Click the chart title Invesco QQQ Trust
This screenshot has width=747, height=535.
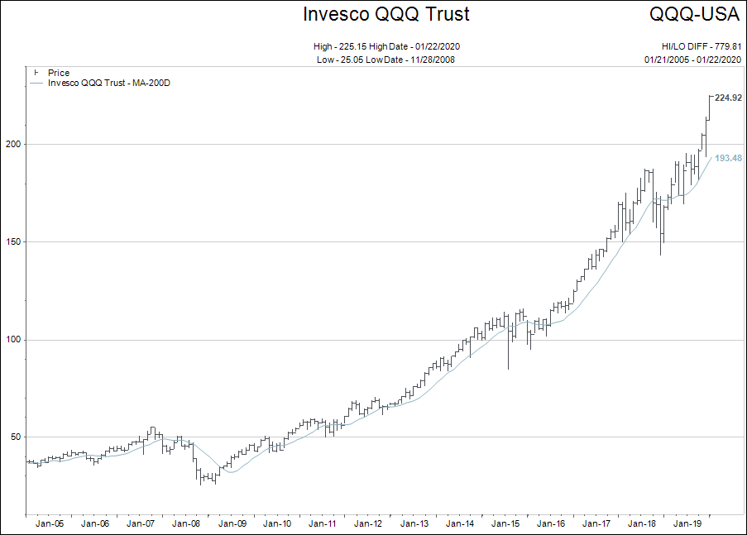point(386,14)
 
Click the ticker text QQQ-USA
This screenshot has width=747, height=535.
point(694,14)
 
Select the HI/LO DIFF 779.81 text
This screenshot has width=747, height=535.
point(695,46)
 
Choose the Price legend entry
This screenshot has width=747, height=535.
point(58,73)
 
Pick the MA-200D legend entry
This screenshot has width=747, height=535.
point(109,83)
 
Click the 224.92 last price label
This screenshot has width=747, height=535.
point(728,98)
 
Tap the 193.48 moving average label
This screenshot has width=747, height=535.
point(728,158)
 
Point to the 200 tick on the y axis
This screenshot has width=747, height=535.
point(16,145)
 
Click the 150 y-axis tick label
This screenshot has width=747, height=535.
point(16,242)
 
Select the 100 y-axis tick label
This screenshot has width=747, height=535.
point(16,340)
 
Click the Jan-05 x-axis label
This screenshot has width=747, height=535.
point(50,523)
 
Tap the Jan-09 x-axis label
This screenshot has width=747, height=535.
point(232,523)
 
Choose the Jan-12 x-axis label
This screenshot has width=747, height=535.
point(367,523)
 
